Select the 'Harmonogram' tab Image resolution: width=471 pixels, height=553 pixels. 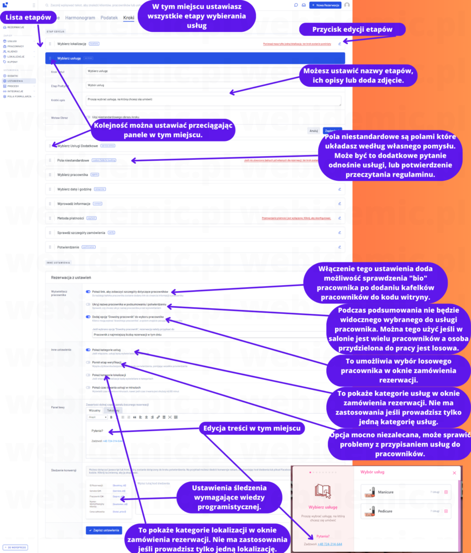80,18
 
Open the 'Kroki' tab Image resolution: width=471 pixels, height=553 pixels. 129,18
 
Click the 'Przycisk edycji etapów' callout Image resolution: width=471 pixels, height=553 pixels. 352,29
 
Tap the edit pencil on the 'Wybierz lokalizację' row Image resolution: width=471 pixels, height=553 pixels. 340,44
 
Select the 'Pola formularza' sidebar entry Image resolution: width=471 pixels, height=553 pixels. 19,96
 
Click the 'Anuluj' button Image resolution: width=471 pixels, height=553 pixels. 313,131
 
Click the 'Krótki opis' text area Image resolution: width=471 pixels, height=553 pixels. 213,100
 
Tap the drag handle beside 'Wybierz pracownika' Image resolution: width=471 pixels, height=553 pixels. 50,175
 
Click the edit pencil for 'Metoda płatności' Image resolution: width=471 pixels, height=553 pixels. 340,218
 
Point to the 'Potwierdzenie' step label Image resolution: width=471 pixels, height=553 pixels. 68,247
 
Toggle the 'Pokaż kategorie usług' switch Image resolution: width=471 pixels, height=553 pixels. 88,350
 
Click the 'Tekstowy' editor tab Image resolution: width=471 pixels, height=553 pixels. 114,410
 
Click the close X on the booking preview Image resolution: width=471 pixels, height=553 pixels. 454,473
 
